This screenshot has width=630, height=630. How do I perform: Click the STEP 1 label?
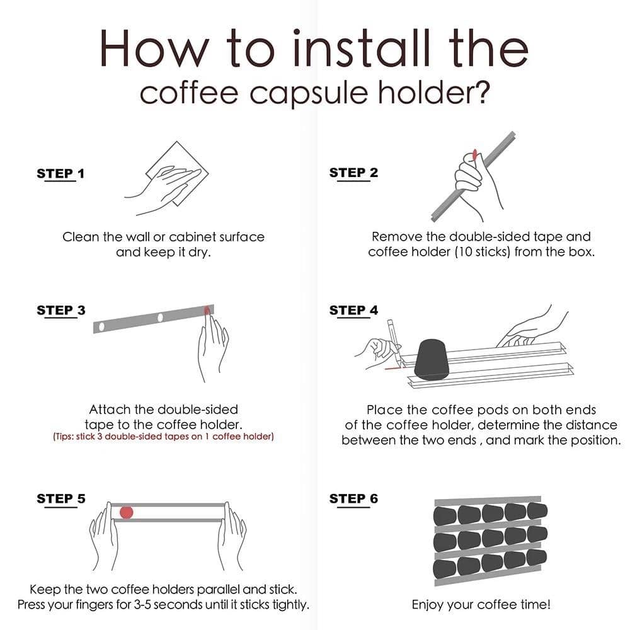pyautogui.click(x=60, y=173)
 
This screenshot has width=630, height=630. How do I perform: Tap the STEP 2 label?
pyautogui.click(x=353, y=173)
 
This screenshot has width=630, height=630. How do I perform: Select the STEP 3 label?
pyautogui.click(x=60, y=310)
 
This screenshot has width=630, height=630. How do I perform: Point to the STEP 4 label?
pyautogui.click(x=353, y=310)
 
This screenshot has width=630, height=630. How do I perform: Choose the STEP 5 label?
pyautogui.click(x=60, y=498)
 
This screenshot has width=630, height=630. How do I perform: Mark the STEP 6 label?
pyautogui.click(x=353, y=498)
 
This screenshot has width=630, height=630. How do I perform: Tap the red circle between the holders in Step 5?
pyautogui.click(x=127, y=512)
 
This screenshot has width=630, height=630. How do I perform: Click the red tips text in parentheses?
pyautogui.click(x=163, y=436)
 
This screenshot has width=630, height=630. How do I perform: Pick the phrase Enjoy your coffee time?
pyautogui.click(x=481, y=605)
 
